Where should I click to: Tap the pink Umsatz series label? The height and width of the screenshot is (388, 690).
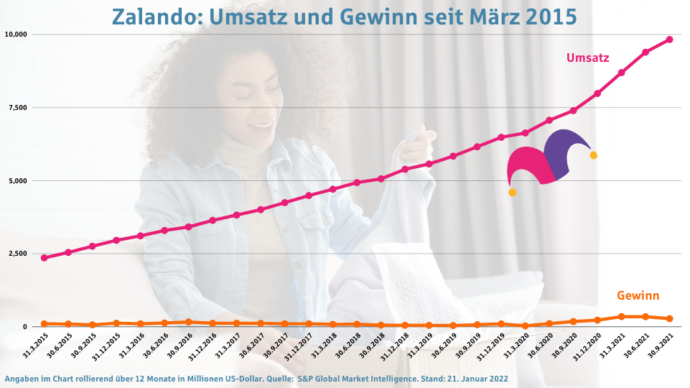587,57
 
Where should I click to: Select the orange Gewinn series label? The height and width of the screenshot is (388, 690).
638,295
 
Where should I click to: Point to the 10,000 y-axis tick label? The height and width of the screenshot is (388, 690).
16,34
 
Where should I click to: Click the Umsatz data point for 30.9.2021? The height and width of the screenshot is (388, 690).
669,40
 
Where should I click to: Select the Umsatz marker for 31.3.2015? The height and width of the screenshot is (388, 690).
45,258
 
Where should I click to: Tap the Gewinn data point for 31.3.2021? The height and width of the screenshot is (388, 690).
621,316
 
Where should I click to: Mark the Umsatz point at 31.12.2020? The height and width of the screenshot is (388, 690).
597,93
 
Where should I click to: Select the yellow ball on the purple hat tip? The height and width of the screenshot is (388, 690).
593,155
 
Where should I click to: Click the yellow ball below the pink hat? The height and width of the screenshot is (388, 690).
512,192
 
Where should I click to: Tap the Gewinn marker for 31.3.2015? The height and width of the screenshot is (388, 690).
45,324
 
